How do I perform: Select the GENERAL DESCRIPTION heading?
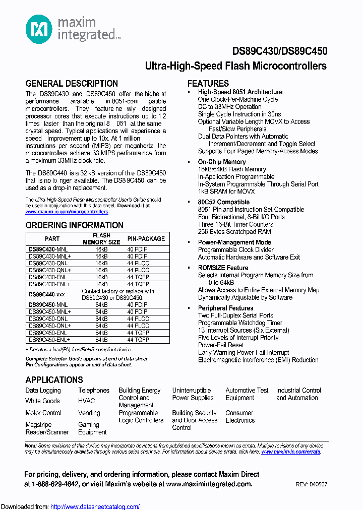[72, 84]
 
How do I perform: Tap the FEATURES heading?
[208, 84]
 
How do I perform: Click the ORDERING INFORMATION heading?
[74, 225]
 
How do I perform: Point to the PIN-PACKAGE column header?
[146, 238]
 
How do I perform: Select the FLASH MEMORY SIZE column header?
[101, 238]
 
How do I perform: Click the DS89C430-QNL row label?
[48, 263]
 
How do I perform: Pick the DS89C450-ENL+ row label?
[50, 340]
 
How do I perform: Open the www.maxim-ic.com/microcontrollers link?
[67, 212]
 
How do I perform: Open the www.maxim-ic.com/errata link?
[290, 452]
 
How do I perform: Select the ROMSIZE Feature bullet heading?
[223, 268]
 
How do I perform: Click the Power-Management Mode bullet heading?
[234, 242]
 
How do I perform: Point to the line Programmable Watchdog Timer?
[240, 323]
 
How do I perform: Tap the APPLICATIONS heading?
[54, 380]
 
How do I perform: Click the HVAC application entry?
[86, 401]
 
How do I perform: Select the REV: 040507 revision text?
[311, 484]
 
